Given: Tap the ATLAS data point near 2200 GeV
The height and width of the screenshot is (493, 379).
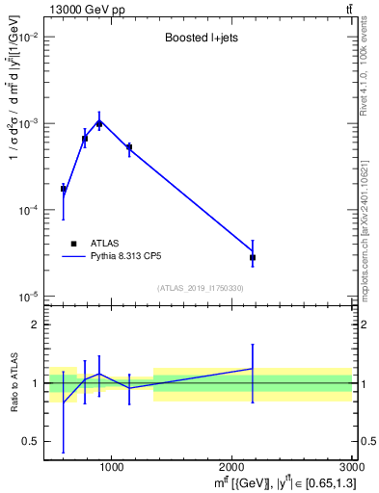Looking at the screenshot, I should [x=253, y=258].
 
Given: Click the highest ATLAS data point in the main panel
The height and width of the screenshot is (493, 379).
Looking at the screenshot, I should [x=99, y=123].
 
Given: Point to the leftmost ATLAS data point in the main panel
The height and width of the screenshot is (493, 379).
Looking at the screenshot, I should [x=64, y=189].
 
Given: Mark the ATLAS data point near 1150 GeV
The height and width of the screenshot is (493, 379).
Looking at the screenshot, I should [x=129, y=147].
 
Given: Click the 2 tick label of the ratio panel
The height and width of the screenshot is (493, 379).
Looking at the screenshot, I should [x=37, y=324].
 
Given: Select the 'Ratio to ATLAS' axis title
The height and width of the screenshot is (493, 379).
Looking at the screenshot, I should [x=14, y=383].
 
